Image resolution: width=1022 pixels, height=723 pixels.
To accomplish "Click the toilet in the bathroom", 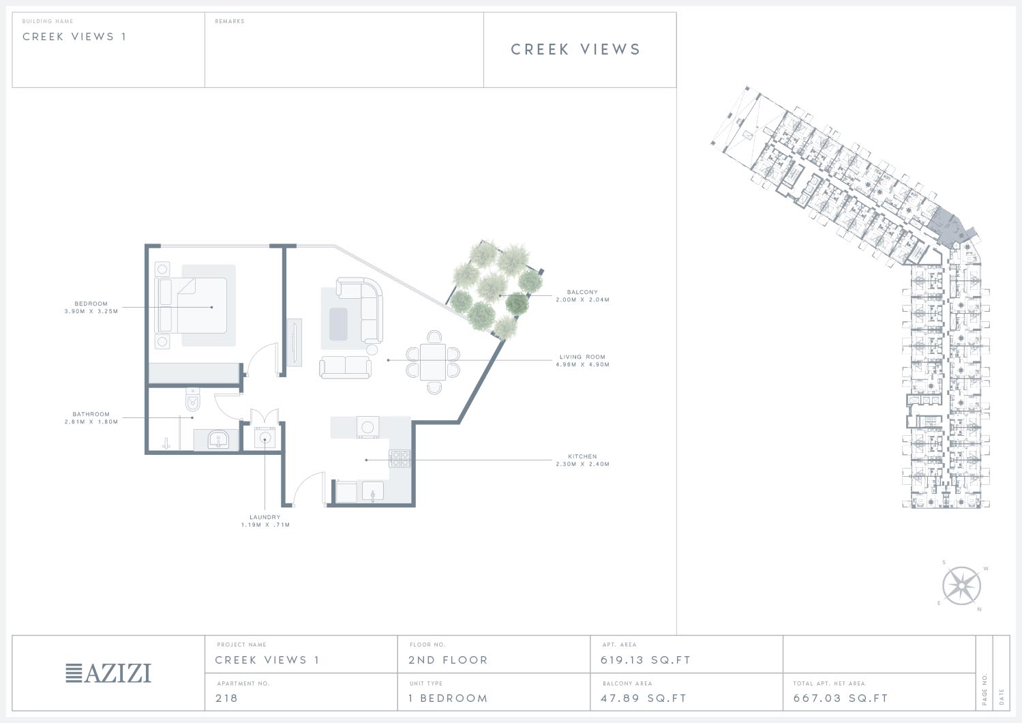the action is tap(193, 400).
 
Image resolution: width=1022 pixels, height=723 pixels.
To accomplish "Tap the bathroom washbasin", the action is tap(219, 440).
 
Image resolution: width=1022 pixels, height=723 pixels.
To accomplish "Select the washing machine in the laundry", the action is tap(265, 438).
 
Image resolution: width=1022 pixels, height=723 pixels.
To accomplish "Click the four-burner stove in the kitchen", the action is tap(400, 459).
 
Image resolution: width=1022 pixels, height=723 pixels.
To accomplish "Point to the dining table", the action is tap(433, 362).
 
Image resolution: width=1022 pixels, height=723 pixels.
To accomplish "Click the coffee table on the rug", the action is tap(338, 324).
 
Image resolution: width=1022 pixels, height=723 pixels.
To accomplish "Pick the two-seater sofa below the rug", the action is tap(346, 368).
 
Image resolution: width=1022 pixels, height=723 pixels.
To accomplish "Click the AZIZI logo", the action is tap(108, 673).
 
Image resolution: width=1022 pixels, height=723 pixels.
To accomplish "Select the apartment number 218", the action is tap(226, 698).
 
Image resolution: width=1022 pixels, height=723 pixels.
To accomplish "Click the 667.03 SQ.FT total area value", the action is tap(841, 698).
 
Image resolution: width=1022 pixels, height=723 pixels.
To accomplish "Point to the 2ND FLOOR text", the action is tap(448, 660).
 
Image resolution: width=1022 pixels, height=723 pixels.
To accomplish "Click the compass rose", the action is tap(962, 586).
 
